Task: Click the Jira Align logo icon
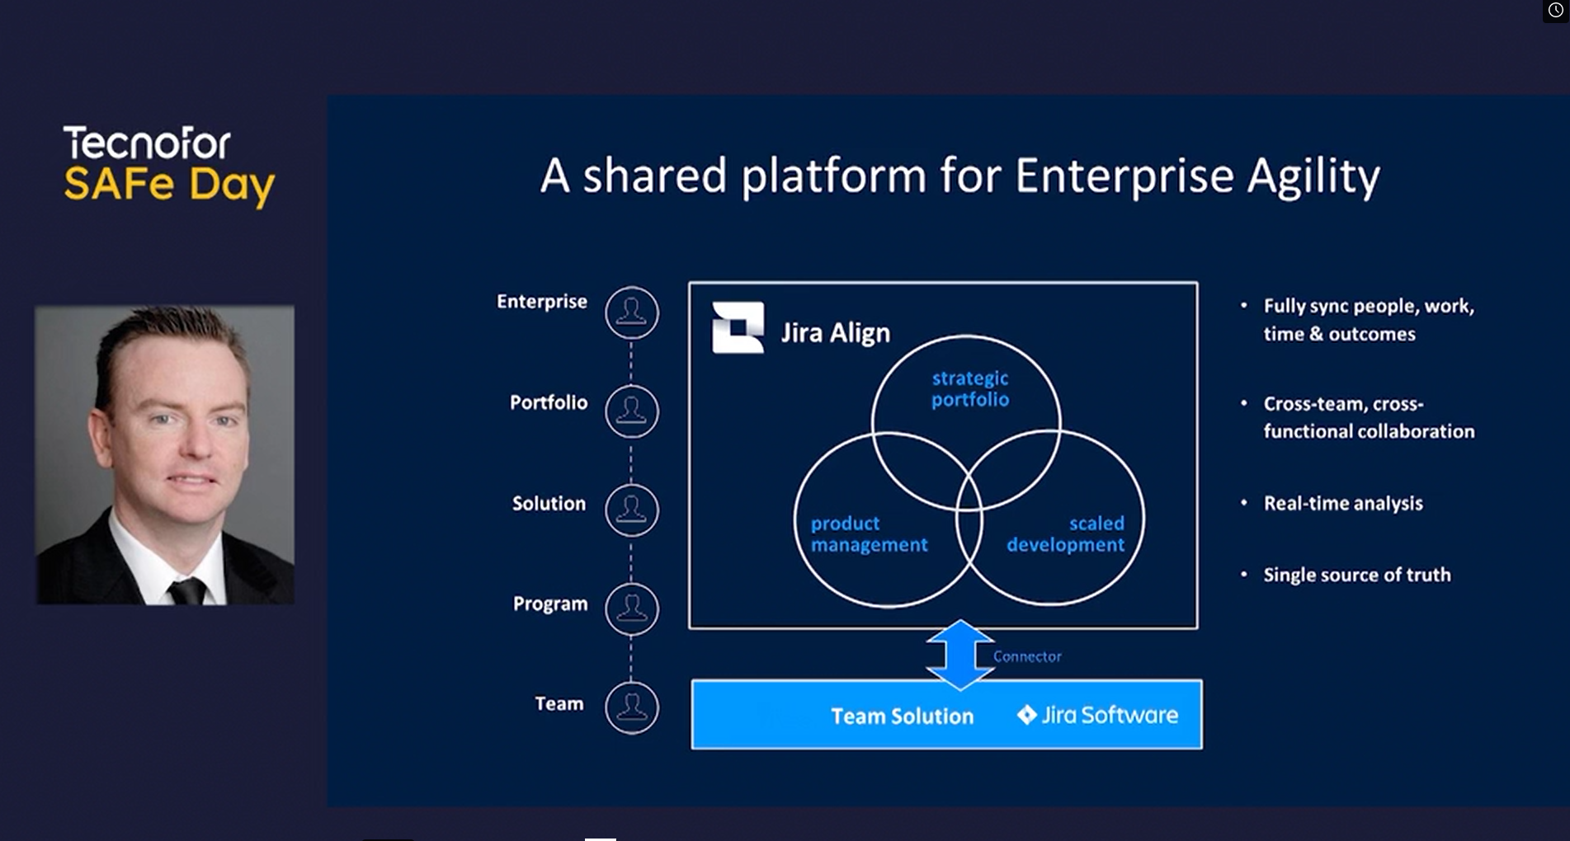coord(738,327)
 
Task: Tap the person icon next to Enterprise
coord(632,312)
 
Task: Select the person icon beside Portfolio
coord(632,411)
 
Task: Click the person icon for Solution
coord(632,510)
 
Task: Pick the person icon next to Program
coord(632,609)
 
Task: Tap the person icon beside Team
coord(632,707)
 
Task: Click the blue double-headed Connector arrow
coord(959,655)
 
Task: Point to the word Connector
coord(1027,656)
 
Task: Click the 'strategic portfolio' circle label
coord(970,388)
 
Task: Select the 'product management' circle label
coord(869,533)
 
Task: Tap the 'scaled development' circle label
coord(1065,533)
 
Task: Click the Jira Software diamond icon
coord(1026,715)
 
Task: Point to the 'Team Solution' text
coord(902,716)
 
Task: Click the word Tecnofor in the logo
coord(147,143)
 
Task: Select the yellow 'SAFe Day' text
coord(169,185)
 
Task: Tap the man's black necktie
coord(187,590)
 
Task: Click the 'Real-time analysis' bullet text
coord(1343,503)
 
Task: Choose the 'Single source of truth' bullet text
coord(1357,575)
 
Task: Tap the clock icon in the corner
coord(1555,10)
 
